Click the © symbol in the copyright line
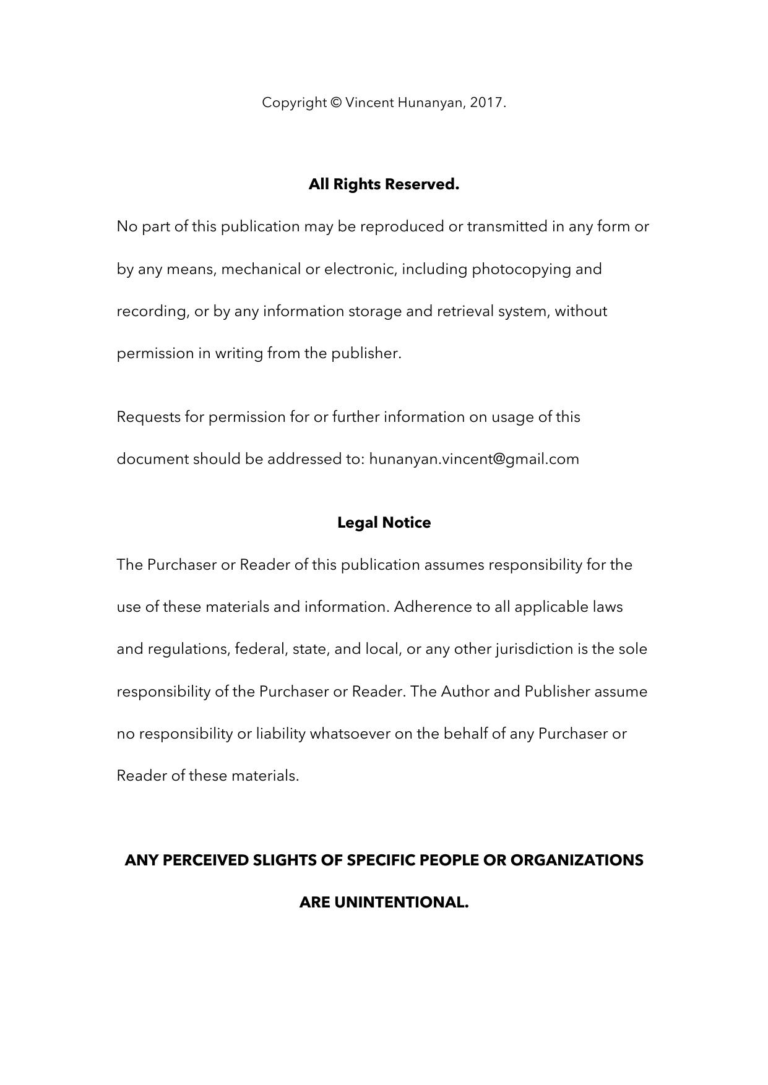336,103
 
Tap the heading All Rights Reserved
384,184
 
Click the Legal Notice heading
384,523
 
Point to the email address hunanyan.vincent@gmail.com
474,459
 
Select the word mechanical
261,269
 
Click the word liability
281,734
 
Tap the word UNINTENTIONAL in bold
401,903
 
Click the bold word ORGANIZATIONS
577,860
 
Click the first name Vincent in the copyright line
369,103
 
